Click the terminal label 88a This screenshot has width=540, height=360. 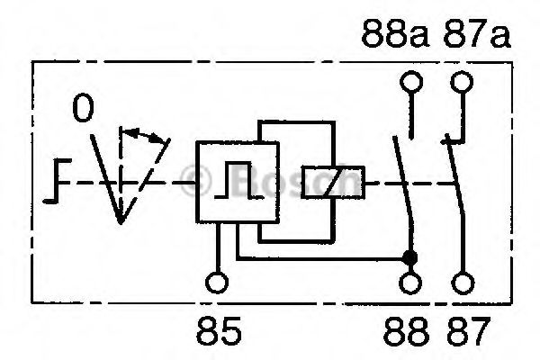tap(396, 33)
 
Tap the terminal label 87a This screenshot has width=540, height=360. tap(477, 33)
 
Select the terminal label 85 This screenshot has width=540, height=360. tap(219, 331)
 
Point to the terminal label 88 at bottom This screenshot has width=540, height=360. tap(407, 331)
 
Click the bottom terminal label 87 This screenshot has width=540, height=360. tap(468, 331)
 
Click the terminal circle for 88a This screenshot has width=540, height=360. tap(411, 82)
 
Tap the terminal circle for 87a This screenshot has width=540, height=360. tap(462, 82)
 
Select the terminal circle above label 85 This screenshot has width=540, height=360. tap(217, 283)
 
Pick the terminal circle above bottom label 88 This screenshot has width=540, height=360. tap(410, 283)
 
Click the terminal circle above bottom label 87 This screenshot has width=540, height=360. tap(463, 283)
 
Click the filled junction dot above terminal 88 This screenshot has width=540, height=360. tap(410, 257)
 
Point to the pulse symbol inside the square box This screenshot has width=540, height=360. tap(238, 180)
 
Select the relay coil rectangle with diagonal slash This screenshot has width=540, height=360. tap(333, 182)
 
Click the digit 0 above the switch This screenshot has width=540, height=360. tap(83, 108)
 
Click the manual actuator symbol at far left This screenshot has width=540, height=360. tap(58, 181)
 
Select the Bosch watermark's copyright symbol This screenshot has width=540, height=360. tap(195, 181)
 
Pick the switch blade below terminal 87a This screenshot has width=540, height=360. tap(454, 176)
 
